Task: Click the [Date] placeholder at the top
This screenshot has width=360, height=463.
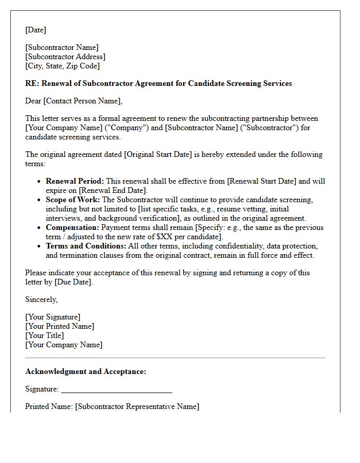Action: point(35,30)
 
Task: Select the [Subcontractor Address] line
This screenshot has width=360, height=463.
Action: point(65,57)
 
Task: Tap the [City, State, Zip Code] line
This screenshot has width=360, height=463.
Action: point(62,66)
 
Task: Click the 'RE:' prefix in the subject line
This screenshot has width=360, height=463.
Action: point(32,83)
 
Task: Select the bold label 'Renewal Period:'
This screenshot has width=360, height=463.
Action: point(75,181)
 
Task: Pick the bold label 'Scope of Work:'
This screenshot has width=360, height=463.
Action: point(73,200)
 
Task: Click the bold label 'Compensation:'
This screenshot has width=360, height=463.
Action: point(73,227)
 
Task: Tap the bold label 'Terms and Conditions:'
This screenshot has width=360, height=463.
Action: point(86,246)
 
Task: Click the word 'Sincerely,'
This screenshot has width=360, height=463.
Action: point(42,299)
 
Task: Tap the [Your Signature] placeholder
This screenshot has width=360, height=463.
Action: point(52,317)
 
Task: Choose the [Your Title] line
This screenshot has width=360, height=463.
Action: point(44,335)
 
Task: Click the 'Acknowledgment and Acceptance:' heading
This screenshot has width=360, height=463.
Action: point(85,371)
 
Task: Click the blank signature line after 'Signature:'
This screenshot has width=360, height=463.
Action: point(116,389)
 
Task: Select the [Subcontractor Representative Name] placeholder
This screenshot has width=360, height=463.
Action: point(137,406)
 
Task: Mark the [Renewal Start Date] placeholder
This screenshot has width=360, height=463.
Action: point(262,181)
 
